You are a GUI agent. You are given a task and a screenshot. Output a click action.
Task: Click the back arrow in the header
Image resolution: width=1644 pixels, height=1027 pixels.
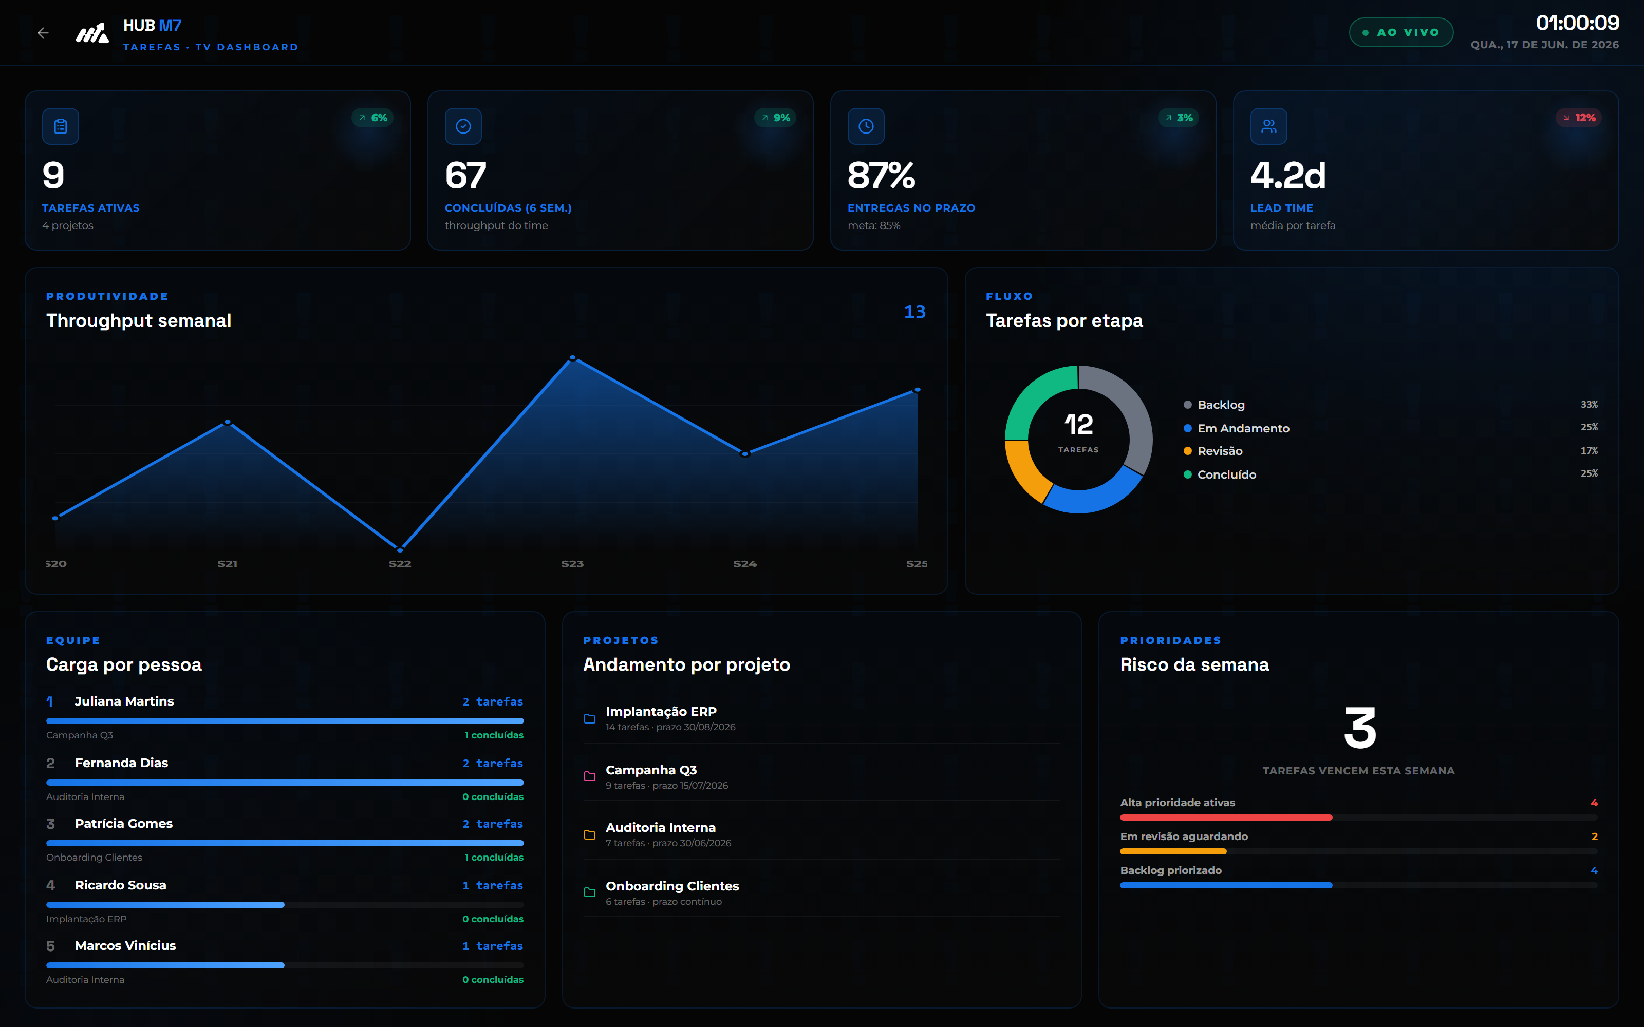coord(43,32)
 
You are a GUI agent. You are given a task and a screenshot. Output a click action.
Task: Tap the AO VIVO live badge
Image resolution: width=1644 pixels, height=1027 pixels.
coord(1401,32)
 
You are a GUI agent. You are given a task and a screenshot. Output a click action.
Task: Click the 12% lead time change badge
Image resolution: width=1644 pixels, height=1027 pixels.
coord(1579,118)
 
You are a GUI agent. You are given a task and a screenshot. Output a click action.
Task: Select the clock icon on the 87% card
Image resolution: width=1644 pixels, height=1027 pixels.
coord(866,126)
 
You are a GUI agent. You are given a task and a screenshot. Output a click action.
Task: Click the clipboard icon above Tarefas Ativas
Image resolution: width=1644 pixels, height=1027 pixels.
coord(61,126)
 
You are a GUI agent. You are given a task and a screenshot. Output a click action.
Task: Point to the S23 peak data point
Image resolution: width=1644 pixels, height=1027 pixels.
coord(573,357)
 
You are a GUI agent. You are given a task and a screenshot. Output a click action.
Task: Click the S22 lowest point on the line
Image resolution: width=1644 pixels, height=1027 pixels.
coord(400,549)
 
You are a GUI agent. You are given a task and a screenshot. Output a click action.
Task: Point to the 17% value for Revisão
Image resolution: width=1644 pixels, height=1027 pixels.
coord(1589,450)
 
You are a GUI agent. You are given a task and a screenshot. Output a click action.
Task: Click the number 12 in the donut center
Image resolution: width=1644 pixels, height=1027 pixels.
coord(1079,425)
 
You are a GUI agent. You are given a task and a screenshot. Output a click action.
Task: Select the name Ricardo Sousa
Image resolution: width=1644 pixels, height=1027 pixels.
coord(120,885)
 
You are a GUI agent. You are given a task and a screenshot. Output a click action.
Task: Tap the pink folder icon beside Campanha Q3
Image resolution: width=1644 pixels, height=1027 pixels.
coord(590,776)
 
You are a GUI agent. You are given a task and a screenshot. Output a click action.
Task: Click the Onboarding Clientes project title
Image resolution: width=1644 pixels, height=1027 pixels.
coord(672,886)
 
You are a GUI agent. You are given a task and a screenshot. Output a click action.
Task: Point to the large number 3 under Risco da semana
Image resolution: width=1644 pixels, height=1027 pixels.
coord(1360,728)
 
